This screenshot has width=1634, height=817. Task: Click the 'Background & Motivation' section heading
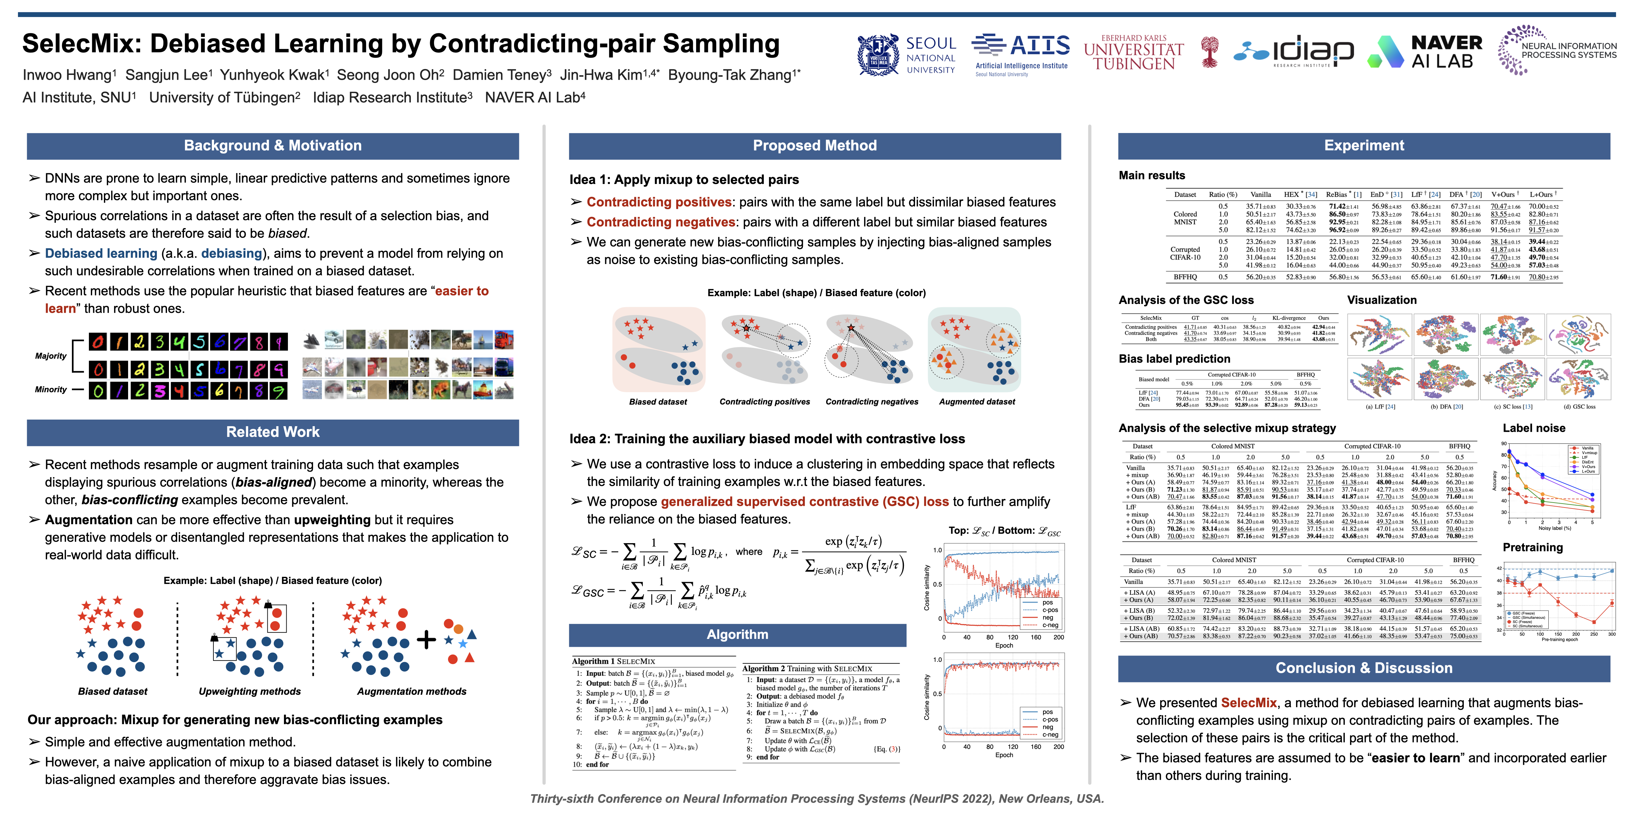(x=273, y=146)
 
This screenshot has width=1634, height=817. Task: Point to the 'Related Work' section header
(x=273, y=432)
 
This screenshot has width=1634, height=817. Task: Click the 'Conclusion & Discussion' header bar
(x=1364, y=668)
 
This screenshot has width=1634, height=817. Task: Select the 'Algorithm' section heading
(x=737, y=634)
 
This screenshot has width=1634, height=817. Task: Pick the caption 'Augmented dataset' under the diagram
(x=977, y=402)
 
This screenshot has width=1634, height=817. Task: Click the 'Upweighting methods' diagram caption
(x=250, y=692)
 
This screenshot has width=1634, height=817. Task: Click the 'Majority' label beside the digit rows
(x=51, y=356)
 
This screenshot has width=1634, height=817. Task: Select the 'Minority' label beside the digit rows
(x=51, y=390)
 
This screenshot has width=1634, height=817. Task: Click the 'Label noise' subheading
(x=1534, y=428)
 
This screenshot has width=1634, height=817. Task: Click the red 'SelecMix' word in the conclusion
(x=1248, y=703)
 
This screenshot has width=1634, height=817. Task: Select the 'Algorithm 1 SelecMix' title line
(x=613, y=661)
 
